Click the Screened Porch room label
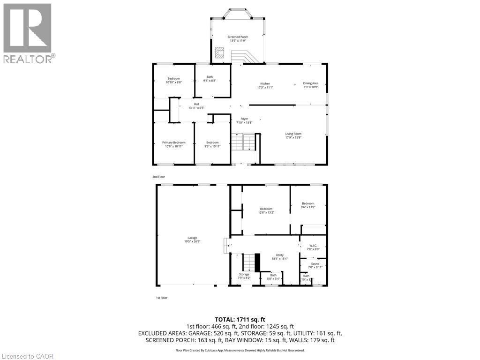click(x=238, y=38)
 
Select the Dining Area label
click(x=310, y=85)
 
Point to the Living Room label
click(x=293, y=135)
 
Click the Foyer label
click(x=244, y=120)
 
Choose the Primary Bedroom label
click(x=173, y=144)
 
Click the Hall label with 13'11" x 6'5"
click(x=196, y=106)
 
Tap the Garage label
click(x=193, y=240)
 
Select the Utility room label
click(x=279, y=256)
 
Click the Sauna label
click(x=315, y=265)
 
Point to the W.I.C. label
click(x=313, y=247)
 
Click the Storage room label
click(x=244, y=276)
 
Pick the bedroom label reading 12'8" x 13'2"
click(x=266, y=210)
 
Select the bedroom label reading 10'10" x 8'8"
click(x=173, y=80)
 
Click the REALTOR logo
click(x=28, y=33)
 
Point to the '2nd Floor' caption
click(x=158, y=177)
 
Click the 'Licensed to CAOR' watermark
click(x=28, y=356)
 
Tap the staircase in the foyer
click(x=244, y=142)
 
